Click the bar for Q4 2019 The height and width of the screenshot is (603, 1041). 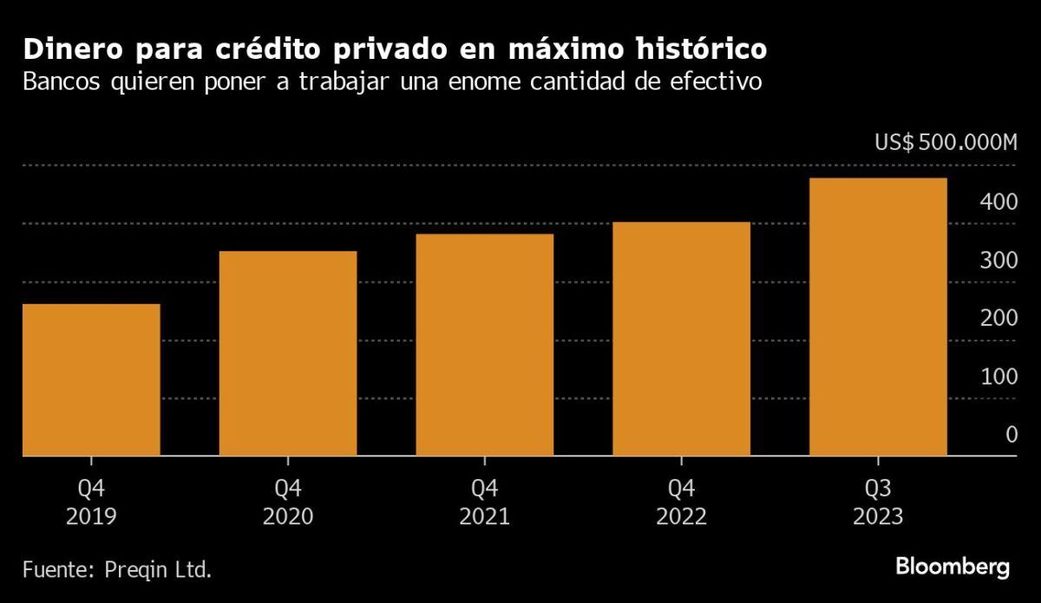(x=91, y=379)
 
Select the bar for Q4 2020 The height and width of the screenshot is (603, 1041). (x=288, y=353)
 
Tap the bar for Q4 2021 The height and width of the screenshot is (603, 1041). (x=485, y=345)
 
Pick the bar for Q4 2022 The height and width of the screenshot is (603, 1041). (x=681, y=339)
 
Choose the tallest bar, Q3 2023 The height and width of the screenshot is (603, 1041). (x=878, y=317)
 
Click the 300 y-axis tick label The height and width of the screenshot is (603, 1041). (x=998, y=260)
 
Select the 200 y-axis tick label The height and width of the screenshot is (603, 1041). (x=998, y=318)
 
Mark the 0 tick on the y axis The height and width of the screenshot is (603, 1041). (x=1011, y=434)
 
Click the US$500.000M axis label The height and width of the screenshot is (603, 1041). (x=946, y=143)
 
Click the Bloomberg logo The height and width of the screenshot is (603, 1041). (x=953, y=567)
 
